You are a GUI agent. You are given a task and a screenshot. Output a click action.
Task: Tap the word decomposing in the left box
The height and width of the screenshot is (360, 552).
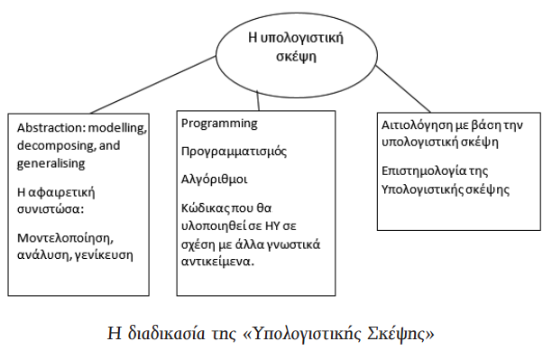point(55,146)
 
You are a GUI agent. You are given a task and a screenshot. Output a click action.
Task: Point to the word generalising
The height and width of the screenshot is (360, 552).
point(51,164)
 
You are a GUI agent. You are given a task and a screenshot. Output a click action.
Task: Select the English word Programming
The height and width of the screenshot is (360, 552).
point(219,123)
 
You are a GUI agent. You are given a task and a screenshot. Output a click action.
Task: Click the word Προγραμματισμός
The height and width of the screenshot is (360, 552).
point(234,152)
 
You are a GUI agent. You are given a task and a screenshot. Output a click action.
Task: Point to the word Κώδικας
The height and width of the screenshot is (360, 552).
point(204,208)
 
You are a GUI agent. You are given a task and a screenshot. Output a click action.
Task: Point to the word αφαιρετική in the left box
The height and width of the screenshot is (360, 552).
point(60,193)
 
